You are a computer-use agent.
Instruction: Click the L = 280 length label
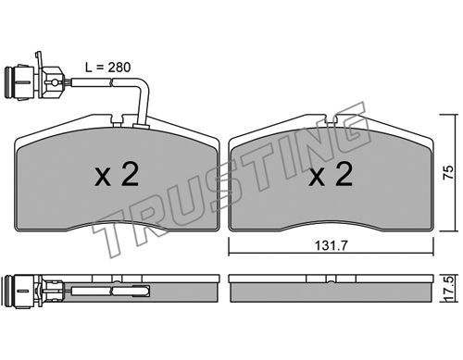[108, 67]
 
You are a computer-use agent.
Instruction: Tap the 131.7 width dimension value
[331, 245]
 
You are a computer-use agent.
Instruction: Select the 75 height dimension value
[448, 172]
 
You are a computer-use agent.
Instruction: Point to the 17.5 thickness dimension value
[449, 289]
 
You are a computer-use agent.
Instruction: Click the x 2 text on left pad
[117, 174]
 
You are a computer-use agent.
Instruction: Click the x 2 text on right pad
[331, 174]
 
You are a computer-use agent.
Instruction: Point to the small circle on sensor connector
[55, 82]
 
